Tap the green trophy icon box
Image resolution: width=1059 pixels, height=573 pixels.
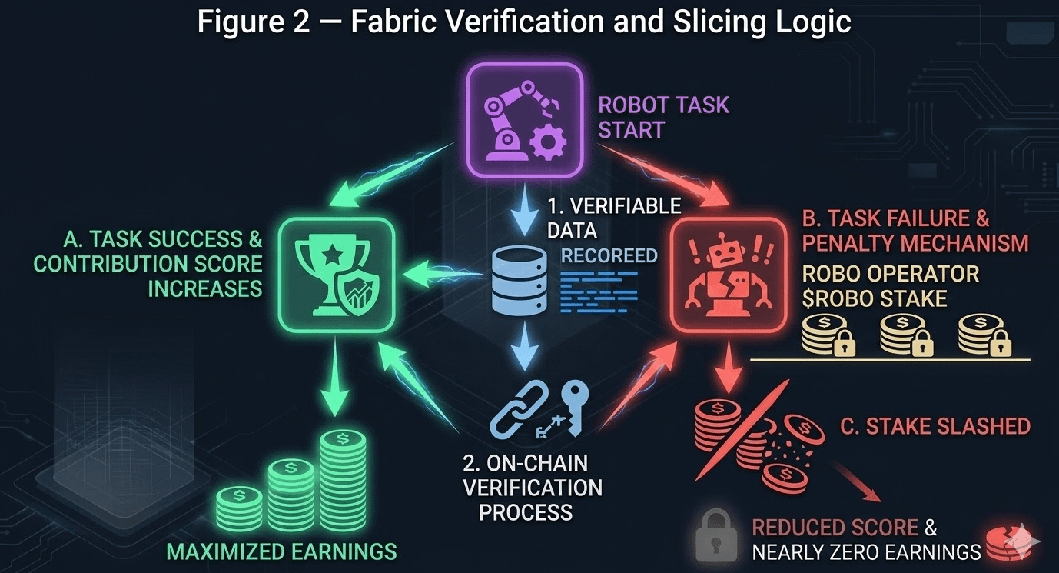pos(336,273)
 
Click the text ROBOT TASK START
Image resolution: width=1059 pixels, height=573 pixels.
pos(663,117)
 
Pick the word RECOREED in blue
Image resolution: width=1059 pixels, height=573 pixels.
pos(609,255)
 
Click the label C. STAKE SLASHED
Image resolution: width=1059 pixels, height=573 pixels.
pos(935,426)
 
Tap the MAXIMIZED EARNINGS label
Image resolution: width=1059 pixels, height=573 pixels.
pos(281,551)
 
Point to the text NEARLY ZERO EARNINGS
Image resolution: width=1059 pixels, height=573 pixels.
pos(866,552)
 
